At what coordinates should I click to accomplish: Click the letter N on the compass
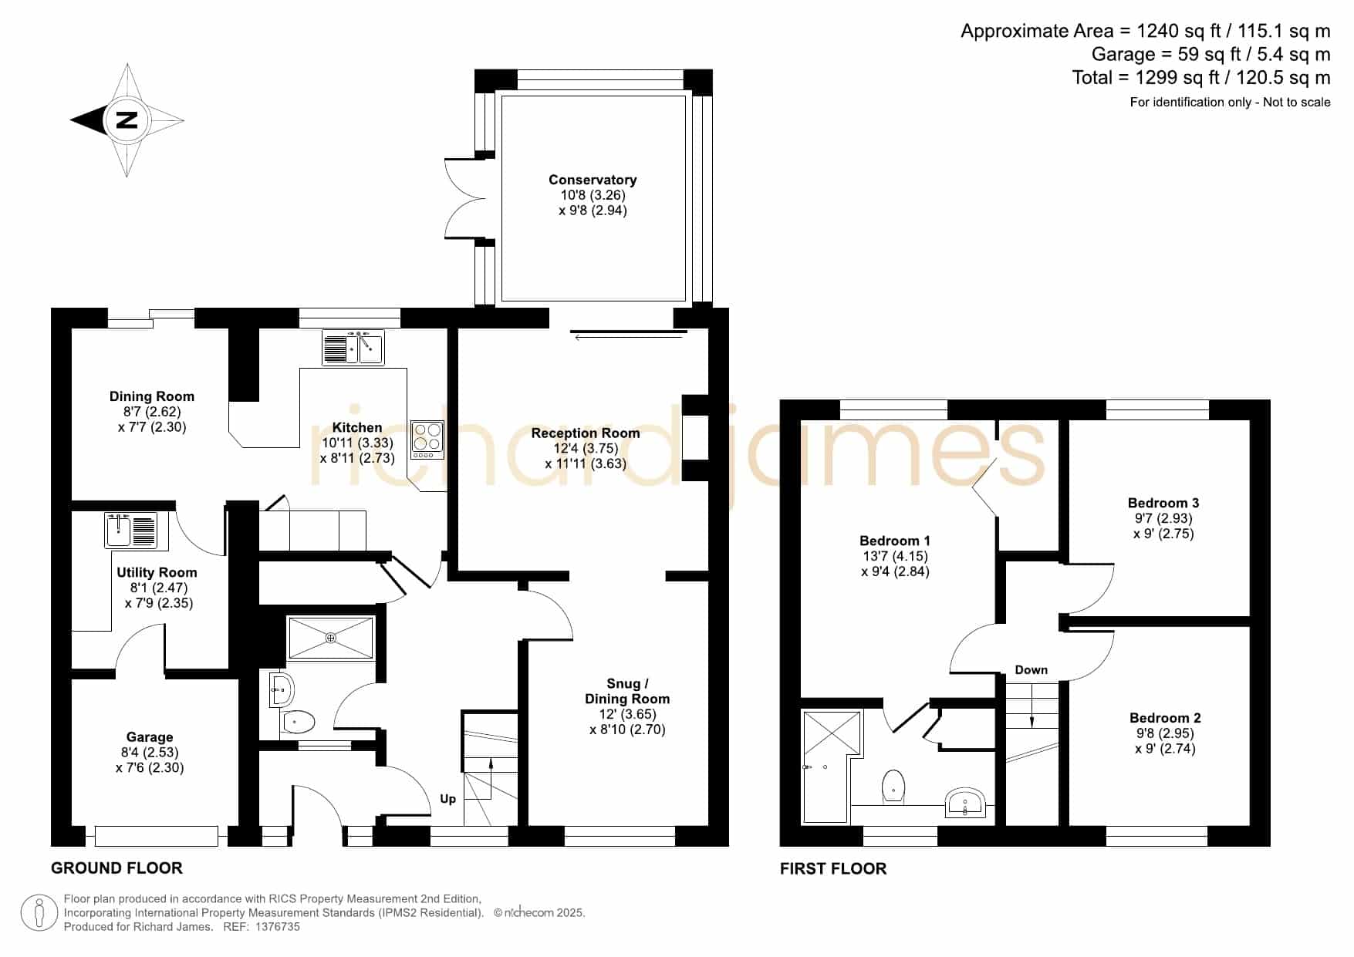[127, 120]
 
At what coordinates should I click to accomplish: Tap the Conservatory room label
[593, 180]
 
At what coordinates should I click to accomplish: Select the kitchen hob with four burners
[427, 440]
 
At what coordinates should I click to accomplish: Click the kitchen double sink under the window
[353, 348]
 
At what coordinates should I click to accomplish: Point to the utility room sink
[131, 530]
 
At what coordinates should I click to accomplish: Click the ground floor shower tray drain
[331, 638]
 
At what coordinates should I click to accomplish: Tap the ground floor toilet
[299, 723]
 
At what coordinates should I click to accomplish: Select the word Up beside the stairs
[447, 799]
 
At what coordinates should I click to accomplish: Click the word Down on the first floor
[1032, 669]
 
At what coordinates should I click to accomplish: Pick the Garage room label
[150, 737]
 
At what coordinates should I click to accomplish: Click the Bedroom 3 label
[1163, 503]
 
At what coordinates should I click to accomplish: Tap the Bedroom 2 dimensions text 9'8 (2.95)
[1165, 733]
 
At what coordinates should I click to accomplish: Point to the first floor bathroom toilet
[893, 785]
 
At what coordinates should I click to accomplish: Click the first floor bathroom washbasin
[964, 803]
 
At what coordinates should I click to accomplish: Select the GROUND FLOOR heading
[116, 868]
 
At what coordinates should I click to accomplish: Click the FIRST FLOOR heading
[833, 869]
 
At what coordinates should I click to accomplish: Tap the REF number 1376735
[277, 927]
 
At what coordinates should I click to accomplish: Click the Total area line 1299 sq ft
[1201, 78]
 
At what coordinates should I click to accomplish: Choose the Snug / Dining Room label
[627, 691]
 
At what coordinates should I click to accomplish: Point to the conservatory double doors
[463, 198]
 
